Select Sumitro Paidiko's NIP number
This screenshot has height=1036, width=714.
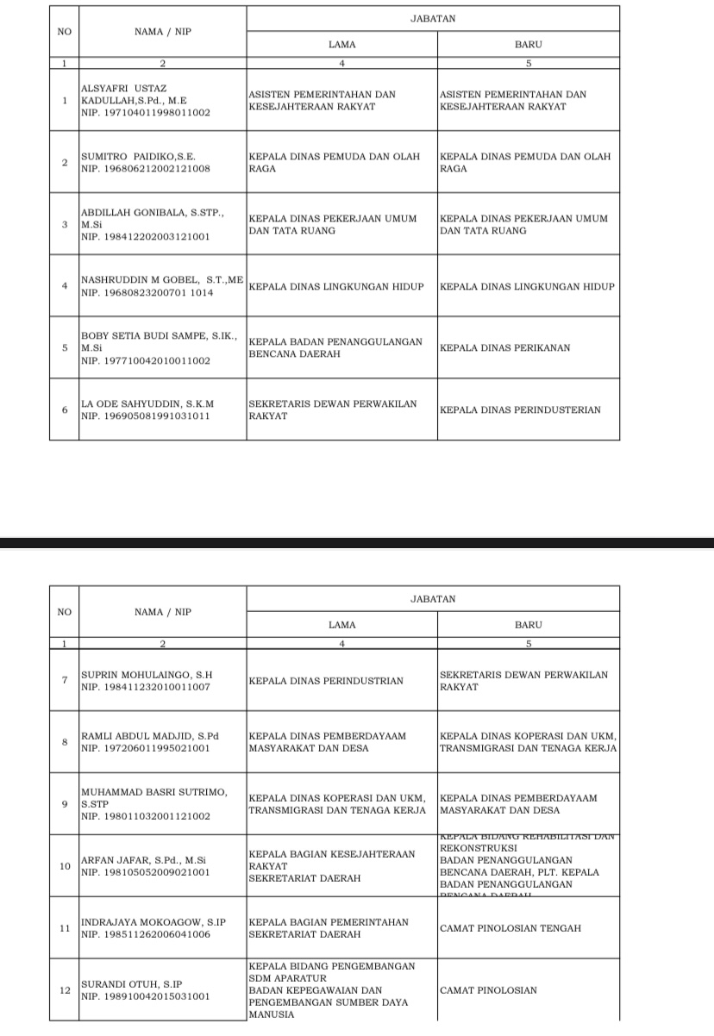[x=145, y=169]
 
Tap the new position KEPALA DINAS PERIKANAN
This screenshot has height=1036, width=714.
[x=504, y=348]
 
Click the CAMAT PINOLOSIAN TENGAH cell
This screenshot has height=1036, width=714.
[x=510, y=928]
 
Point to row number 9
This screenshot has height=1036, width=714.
[x=64, y=804]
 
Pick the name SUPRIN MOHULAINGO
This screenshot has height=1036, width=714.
[x=146, y=675]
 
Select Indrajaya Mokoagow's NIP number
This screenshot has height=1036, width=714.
[x=145, y=934]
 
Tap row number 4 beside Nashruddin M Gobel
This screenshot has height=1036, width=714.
[x=64, y=285]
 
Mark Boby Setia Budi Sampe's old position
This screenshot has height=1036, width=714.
[x=335, y=348]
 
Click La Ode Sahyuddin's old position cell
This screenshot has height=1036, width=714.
[x=332, y=409]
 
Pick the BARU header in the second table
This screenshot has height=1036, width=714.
[x=528, y=625]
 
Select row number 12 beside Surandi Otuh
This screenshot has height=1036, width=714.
[x=64, y=990]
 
